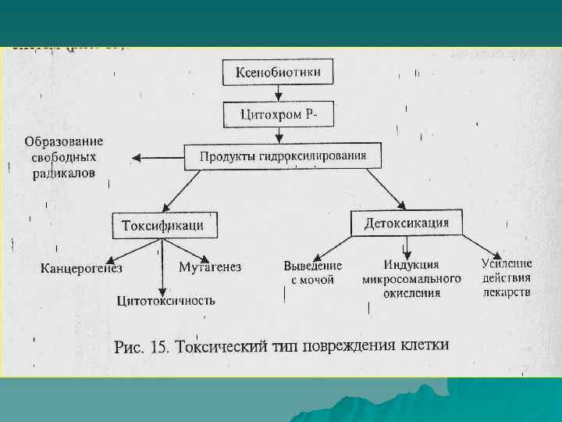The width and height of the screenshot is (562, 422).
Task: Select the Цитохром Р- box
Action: [278, 116]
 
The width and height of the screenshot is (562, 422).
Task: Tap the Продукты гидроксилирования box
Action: [283, 156]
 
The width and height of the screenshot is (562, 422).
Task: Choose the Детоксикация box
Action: [406, 223]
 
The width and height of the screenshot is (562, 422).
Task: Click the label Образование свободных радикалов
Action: [64, 157]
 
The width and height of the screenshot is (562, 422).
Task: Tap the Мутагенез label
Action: [210, 267]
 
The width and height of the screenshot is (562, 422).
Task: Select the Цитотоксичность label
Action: [165, 300]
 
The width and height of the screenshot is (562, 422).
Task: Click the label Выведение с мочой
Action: [312, 272]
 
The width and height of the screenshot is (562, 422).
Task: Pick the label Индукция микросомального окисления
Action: [411, 279]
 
